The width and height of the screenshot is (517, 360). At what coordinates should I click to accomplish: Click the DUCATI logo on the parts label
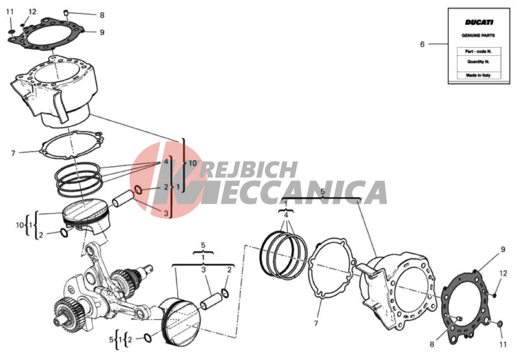pos(479,23)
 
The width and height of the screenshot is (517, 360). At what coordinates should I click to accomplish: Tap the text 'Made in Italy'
pos(478,75)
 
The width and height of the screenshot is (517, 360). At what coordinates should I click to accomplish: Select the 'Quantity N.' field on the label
pos(478,61)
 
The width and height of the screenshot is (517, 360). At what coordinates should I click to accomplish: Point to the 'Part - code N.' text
pos(478,52)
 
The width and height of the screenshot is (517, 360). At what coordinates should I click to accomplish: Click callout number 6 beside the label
pos(422,44)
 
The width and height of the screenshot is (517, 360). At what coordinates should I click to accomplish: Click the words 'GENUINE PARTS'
pos(478,35)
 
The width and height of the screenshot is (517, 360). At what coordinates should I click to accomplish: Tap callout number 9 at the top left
pos(102,32)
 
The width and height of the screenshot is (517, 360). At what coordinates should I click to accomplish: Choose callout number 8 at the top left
pos(102,15)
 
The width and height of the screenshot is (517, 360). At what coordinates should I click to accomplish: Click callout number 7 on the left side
pos(13,153)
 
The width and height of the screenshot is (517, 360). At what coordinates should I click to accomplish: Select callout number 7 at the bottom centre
pos(316,323)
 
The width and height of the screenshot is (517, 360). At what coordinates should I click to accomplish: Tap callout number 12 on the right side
pos(503,274)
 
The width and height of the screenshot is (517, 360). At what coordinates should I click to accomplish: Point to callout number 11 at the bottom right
pos(503,344)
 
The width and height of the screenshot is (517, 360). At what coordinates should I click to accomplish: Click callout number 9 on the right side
pos(503,249)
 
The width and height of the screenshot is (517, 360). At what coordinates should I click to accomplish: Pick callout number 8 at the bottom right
pos(432,344)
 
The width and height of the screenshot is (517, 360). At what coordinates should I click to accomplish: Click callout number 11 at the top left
pos(10,12)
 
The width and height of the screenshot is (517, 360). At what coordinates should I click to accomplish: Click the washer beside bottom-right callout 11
pos(500,324)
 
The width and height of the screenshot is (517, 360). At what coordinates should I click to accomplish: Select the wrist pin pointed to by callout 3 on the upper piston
pos(123,198)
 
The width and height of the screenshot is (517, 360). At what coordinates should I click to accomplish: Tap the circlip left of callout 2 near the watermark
pos(138,190)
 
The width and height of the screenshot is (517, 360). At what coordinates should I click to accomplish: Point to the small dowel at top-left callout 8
pos(66,13)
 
